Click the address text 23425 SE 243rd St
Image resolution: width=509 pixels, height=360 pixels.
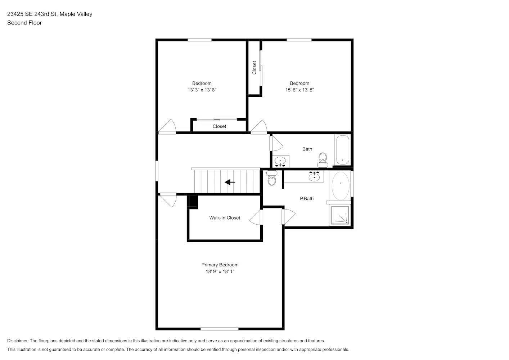[x=32, y=14]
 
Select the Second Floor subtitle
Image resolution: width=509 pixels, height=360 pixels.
[x=24, y=23]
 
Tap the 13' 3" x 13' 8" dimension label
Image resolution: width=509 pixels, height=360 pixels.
[x=202, y=90]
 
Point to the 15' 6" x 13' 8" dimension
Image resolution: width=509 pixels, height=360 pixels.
[x=299, y=90]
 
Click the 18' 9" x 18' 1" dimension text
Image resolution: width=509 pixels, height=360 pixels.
[x=220, y=271]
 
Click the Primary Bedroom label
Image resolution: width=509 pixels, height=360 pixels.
[x=220, y=265]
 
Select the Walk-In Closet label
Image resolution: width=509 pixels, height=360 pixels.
[x=225, y=218]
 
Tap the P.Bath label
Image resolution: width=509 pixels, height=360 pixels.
[x=307, y=198]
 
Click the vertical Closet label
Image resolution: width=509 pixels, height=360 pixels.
[x=254, y=68]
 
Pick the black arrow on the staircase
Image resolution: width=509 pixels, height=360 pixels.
[x=230, y=182]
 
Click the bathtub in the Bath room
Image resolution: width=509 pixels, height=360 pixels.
[x=342, y=150]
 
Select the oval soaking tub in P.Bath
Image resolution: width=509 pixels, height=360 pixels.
[x=340, y=186]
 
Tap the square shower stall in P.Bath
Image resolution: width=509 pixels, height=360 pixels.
[x=340, y=215]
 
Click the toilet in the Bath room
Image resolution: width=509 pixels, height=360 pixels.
[x=323, y=159]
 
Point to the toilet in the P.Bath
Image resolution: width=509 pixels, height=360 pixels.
[x=272, y=179]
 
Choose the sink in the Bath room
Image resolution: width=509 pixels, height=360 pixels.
[x=280, y=161]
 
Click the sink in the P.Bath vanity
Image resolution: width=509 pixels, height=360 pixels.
[x=314, y=176]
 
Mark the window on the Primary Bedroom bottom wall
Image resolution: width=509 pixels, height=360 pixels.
[x=219, y=329]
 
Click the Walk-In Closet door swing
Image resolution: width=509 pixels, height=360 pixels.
[x=256, y=217]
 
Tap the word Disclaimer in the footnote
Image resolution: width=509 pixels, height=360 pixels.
[x=18, y=341]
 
